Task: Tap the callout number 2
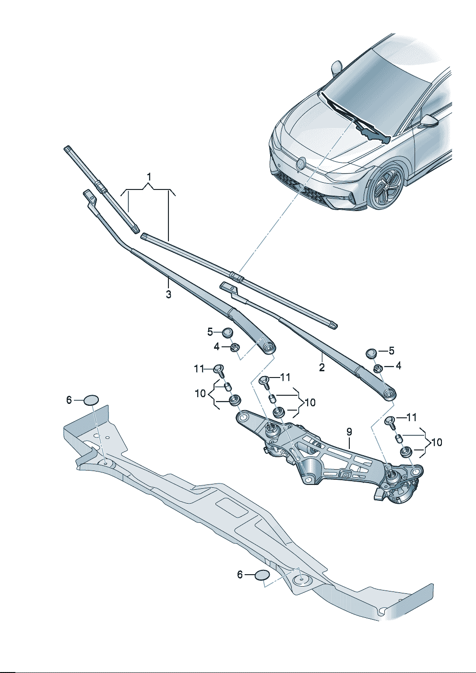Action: [321, 368]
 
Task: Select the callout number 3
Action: [168, 295]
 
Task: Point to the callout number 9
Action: [349, 432]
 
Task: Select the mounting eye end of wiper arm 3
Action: [268, 346]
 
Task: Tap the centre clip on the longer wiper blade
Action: [236, 276]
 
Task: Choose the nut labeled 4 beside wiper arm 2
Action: [378, 368]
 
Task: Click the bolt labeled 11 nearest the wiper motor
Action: [390, 421]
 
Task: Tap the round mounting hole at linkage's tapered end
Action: [243, 418]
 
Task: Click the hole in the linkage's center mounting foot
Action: [308, 478]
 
